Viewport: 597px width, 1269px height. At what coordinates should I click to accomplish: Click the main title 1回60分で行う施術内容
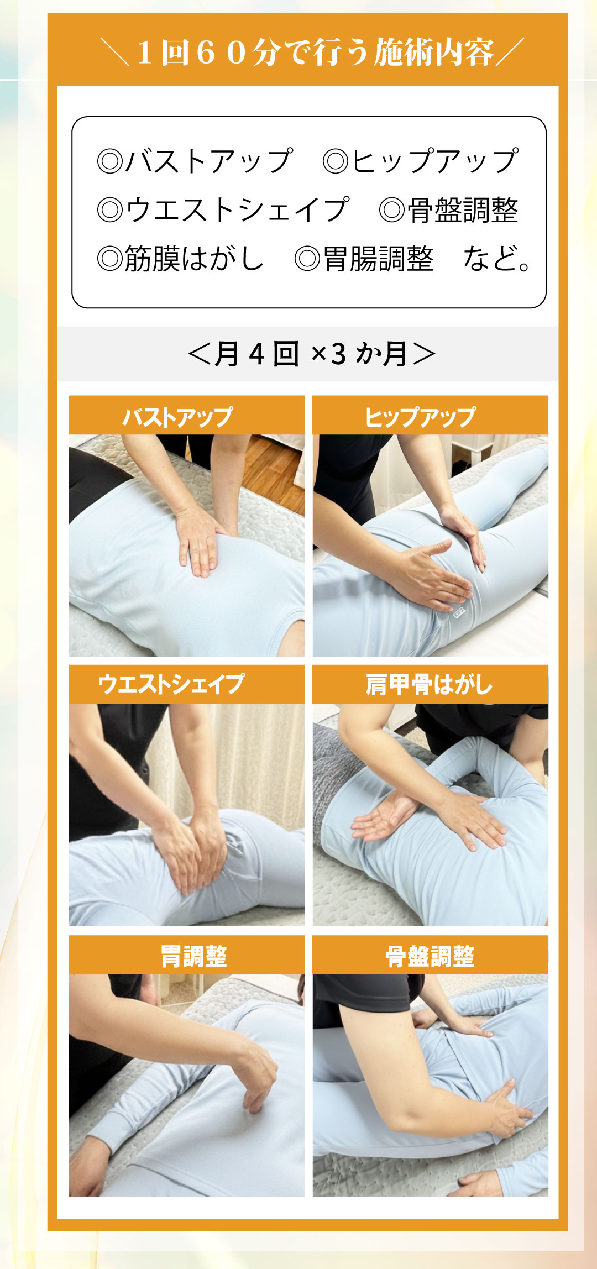[x=316, y=53]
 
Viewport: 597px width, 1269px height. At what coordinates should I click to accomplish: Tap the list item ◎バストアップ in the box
[x=195, y=161]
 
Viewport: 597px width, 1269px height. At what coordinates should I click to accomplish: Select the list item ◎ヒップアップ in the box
[x=421, y=161]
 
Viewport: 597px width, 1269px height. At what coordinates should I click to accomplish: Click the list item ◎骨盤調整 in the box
[x=449, y=210]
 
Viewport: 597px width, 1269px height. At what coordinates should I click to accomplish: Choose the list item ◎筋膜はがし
[x=181, y=258]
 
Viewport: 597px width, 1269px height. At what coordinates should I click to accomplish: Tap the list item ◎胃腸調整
[x=364, y=259]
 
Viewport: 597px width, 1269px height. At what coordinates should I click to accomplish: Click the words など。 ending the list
[x=497, y=259]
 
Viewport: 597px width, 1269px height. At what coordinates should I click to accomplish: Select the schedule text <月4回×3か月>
[x=312, y=354]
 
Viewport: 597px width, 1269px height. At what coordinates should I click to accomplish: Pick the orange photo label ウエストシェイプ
[x=171, y=684]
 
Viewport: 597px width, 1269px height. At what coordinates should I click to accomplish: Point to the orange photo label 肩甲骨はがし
[x=429, y=684]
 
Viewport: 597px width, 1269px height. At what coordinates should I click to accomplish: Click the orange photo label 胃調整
[x=194, y=956]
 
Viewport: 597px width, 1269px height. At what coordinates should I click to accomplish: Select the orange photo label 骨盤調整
[x=430, y=956]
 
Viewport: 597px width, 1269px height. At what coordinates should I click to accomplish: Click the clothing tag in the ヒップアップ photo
[x=459, y=612]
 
